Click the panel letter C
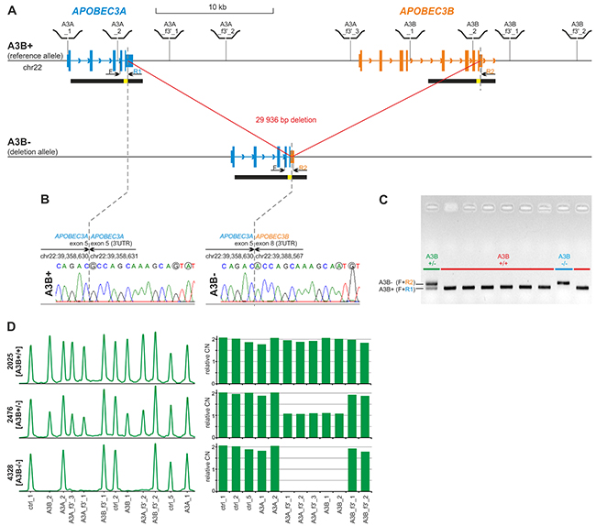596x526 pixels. (x=383, y=197)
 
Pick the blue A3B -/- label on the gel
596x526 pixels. (x=567, y=258)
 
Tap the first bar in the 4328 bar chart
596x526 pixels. (x=221, y=467)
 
